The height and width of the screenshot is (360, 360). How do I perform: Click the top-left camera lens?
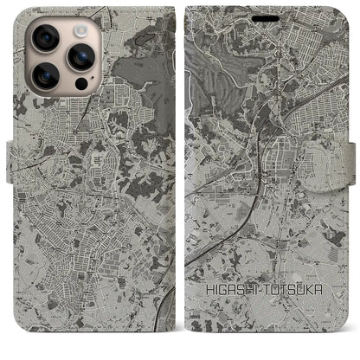pos(44,37)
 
